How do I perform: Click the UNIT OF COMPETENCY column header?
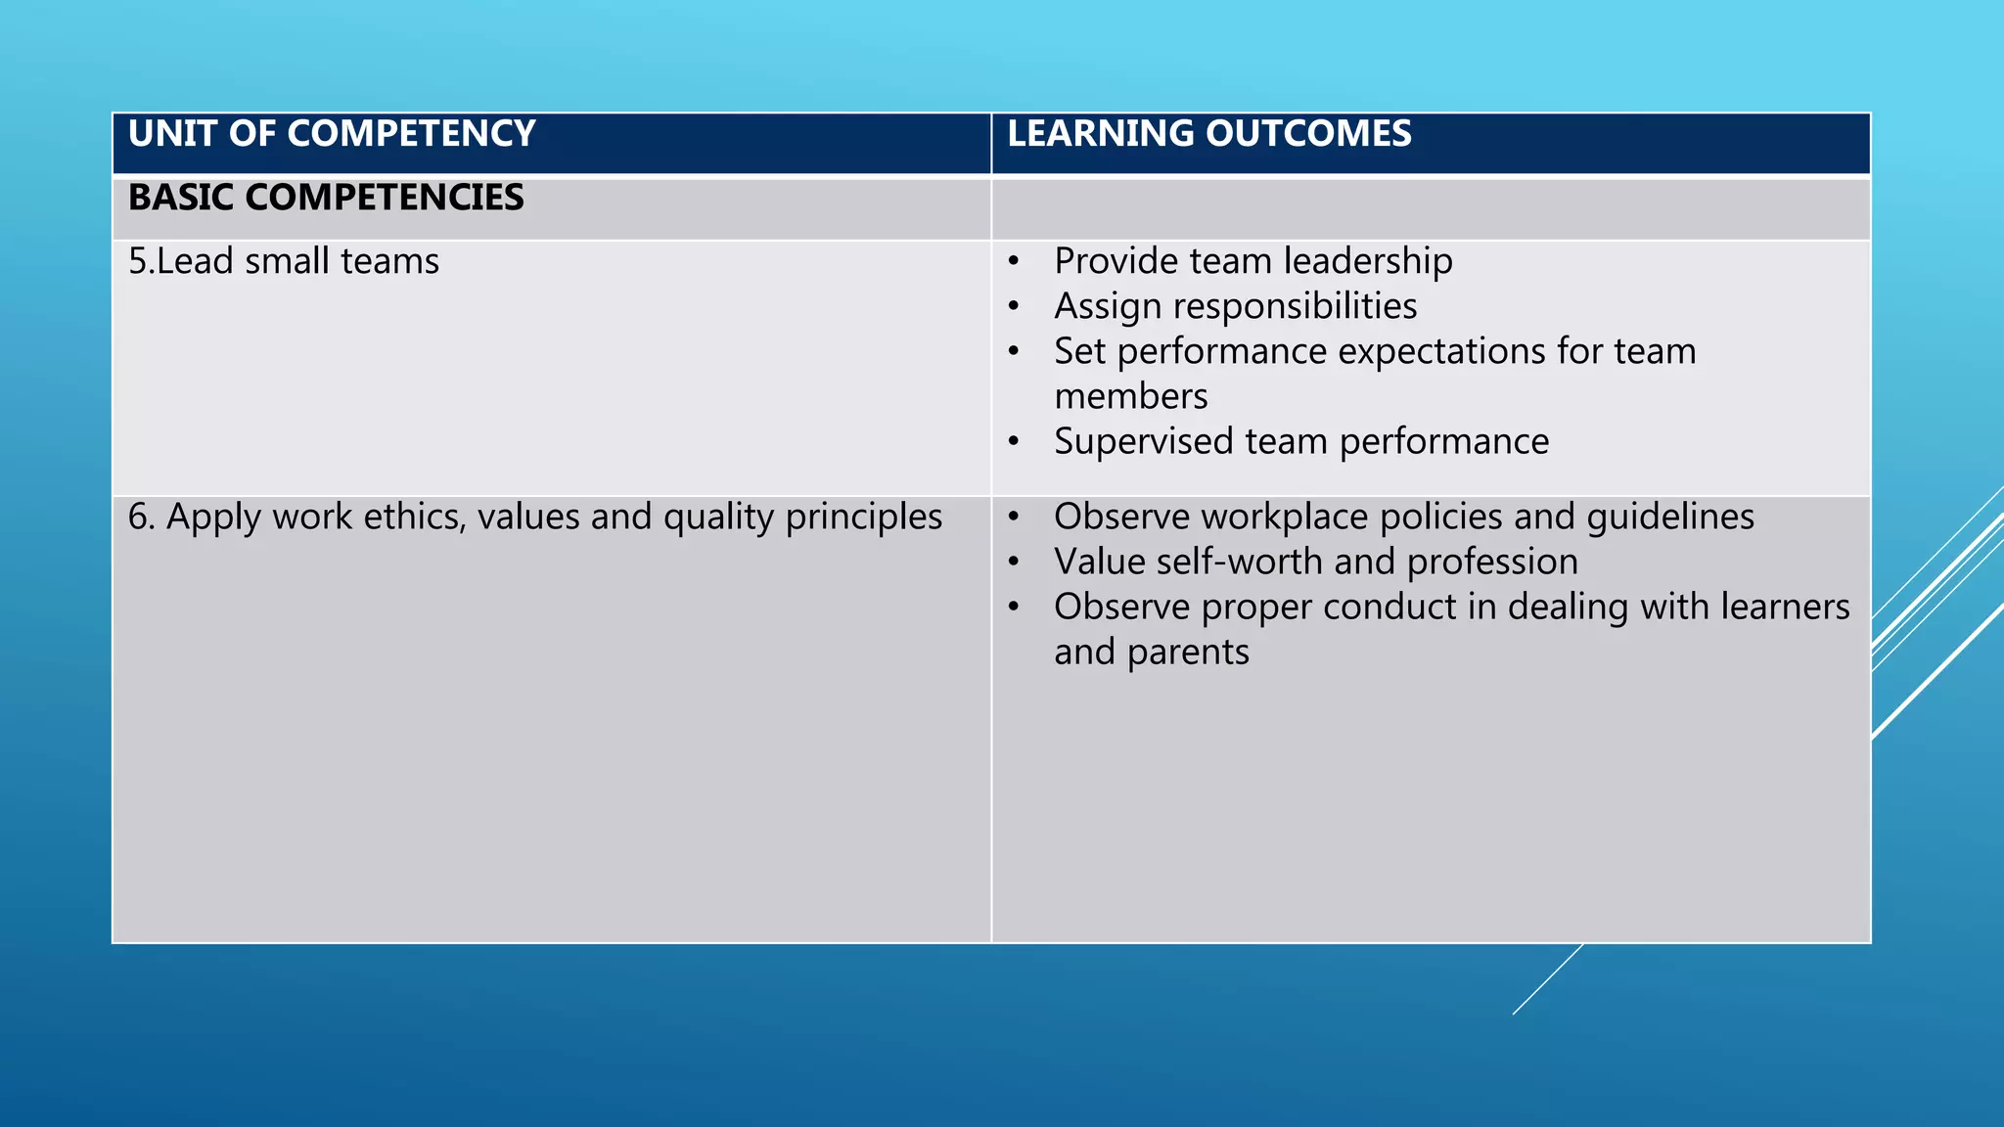tap(332, 134)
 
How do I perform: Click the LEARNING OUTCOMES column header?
tap(1209, 134)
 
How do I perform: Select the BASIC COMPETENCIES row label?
tap(326, 198)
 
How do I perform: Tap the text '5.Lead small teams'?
tap(284, 262)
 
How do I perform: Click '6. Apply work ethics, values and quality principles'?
tap(534, 518)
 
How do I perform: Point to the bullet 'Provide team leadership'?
tap(1252, 262)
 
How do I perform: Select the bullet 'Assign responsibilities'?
tap(1235, 307)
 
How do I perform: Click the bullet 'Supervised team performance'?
tap(1301, 442)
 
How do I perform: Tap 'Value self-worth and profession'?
tap(1316, 563)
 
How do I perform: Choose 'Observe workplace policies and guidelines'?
tap(1404, 518)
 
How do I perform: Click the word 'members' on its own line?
tap(1131, 397)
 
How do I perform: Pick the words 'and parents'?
tap(1152, 653)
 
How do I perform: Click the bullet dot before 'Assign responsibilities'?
tap(1014, 307)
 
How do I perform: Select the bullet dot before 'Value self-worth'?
tap(1014, 563)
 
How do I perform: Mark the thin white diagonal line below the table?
tap(1546, 980)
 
